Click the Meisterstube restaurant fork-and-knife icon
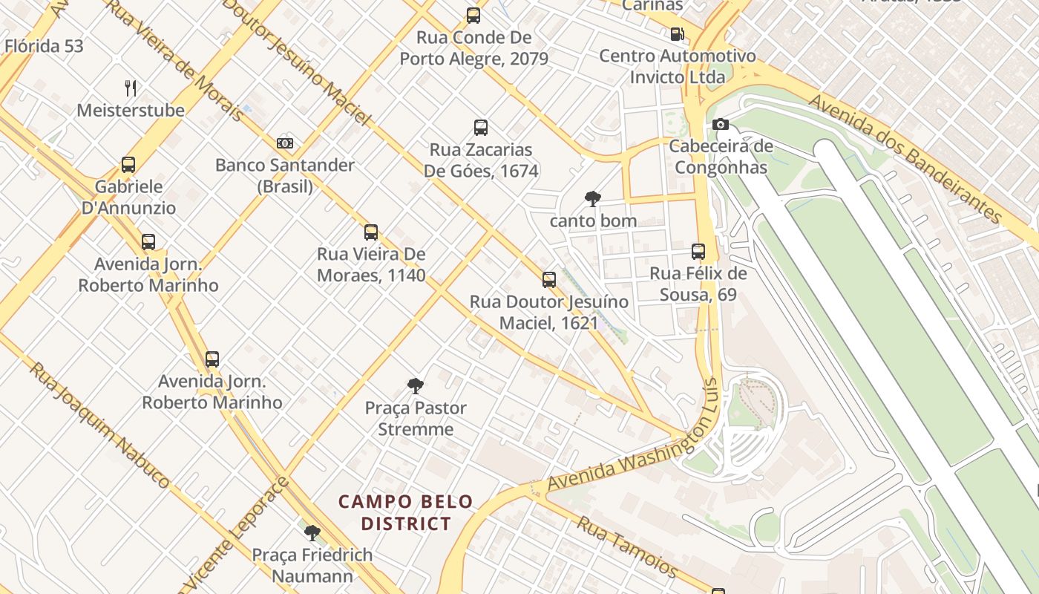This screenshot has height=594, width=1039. click(x=131, y=88)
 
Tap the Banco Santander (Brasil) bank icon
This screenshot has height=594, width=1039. click(x=285, y=143)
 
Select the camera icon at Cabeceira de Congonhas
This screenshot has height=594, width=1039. click(x=720, y=124)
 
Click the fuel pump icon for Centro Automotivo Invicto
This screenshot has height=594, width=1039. click(x=677, y=33)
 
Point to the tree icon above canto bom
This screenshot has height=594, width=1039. click(x=592, y=199)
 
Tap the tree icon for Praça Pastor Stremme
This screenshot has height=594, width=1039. click(x=416, y=386)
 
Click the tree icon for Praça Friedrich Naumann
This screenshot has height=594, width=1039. click(x=312, y=532)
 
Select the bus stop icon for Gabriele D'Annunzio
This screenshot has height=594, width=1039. click(x=128, y=165)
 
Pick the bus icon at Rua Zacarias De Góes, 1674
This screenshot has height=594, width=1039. click(x=481, y=127)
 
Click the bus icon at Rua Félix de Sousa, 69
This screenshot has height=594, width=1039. click(x=698, y=251)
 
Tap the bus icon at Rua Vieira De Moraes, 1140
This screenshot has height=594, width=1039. click(x=371, y=232)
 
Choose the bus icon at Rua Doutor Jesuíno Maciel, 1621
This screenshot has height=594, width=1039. click(x=549, y=280)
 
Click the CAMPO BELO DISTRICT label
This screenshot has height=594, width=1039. click(x=406, y=512)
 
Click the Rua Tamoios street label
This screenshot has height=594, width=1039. click(x=627, y=547)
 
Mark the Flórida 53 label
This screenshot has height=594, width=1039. click(x=44, y=46)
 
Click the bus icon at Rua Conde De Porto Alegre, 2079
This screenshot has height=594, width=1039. click(x=473, y=15)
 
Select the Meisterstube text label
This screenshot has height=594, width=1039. click(x=131, y=111)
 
